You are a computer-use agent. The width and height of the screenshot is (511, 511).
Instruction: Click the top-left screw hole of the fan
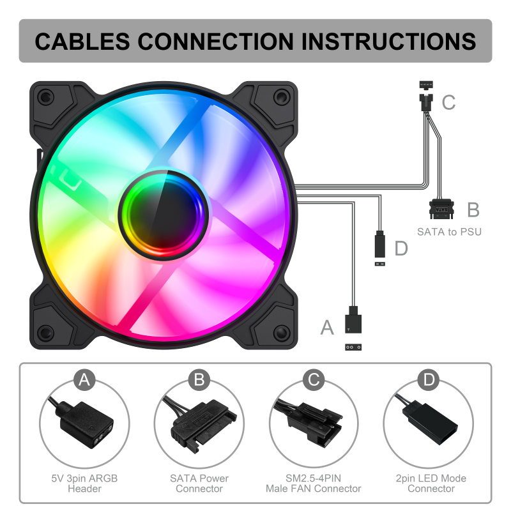(x=45, y=98)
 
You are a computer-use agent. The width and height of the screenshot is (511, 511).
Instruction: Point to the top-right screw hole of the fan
(x=280, y=97)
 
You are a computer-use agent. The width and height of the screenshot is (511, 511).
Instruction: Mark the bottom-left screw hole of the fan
(x=45, y=332)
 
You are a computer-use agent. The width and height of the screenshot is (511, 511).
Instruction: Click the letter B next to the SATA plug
(x=473, y=210)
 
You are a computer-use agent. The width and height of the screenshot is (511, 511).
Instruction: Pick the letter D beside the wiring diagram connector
(x=400, y=248)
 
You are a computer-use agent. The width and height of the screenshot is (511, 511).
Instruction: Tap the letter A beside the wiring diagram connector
(x=327, y=328)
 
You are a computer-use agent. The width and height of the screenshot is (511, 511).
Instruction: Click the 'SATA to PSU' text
(x=449, y=231)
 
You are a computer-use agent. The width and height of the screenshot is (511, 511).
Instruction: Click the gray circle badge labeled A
(x=84, y=381)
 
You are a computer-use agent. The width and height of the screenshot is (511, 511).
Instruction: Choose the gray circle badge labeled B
(x=199, y=381)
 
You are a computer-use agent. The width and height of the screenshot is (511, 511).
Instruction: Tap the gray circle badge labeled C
(x=314, y=381)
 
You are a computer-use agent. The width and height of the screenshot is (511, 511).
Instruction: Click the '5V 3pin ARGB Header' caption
(x=84, y=484)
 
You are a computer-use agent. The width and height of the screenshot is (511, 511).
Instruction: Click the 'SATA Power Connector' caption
(x=199, y=484)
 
